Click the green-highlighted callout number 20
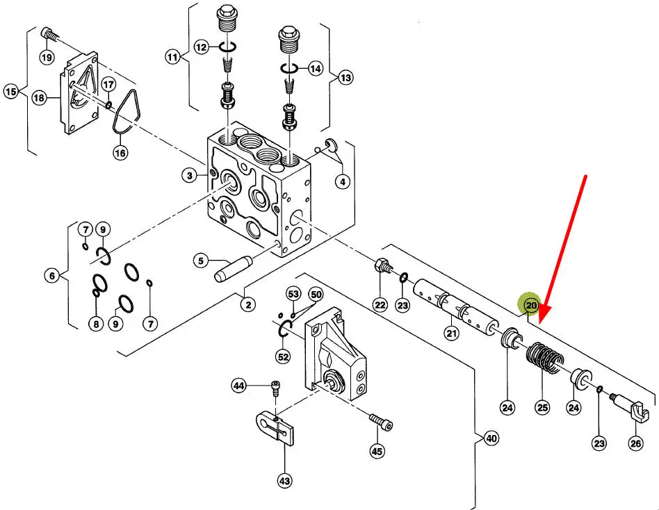point(532,305)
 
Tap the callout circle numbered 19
point(47,58)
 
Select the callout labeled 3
point(190,175)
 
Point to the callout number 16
point(120,152)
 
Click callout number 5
point(201,261)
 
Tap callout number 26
point(636,443)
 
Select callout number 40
point(491,438)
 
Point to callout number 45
point(377,451)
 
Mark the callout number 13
point(345,78)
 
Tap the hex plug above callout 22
point(381,265)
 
